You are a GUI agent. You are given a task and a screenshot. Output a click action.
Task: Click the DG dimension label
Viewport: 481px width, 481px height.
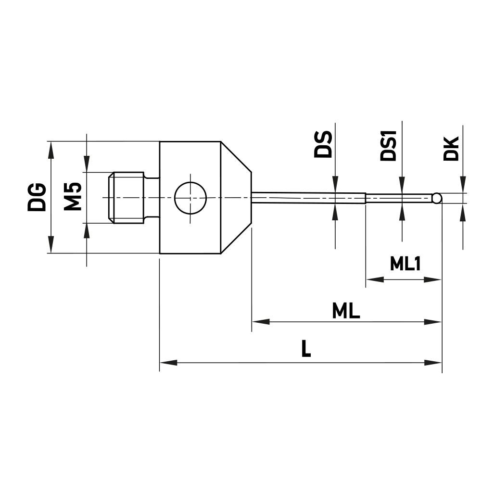[37, 197]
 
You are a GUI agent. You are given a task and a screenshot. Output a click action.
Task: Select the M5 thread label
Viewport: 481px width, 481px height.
[73, 197]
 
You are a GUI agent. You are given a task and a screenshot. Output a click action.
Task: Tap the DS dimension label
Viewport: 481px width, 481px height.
[323, 144]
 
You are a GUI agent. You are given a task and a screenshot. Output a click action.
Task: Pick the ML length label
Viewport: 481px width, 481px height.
[346, 312]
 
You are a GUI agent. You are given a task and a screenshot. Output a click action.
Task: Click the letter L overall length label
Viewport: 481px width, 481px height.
[306, 349]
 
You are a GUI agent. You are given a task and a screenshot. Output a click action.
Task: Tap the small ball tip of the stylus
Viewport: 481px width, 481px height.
[437, 198]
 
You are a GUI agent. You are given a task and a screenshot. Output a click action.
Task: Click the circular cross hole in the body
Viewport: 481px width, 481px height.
[190, 198]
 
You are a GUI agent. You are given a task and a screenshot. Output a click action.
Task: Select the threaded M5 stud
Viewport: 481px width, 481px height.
[126, 197]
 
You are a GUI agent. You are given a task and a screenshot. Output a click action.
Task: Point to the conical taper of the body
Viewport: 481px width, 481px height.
[236, 197]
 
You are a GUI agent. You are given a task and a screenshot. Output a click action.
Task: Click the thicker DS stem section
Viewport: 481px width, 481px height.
[308, 198]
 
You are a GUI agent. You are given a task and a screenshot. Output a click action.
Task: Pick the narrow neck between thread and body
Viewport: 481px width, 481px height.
[152, 197]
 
